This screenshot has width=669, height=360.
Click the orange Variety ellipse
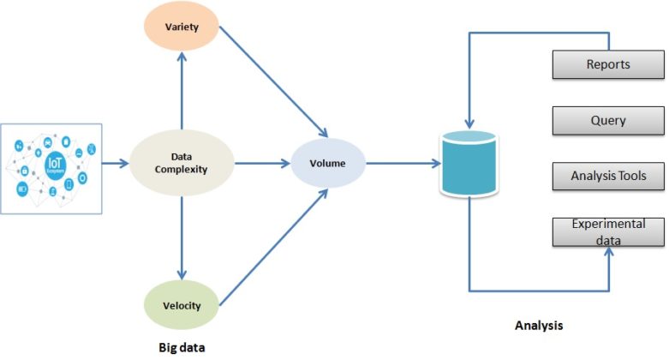[x=181, y=27]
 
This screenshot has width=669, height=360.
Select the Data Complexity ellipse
[x=181, y=163]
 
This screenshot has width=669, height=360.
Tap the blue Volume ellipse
[x=328, y=162]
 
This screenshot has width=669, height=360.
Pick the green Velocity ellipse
[x=181, y=305]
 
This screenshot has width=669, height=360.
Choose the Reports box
[x=607, y=64]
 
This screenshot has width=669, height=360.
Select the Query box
[x=607, y=121]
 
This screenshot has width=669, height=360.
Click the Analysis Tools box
[x=607, y=177]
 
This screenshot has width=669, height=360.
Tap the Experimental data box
[x=607, y=231]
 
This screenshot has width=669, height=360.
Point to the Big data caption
[x=183, y=347]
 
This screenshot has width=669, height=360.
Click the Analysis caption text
[x=539, y=326]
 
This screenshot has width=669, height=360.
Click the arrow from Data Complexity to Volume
[x=262, y=163]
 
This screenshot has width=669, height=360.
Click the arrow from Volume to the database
[x=398, y=163]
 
